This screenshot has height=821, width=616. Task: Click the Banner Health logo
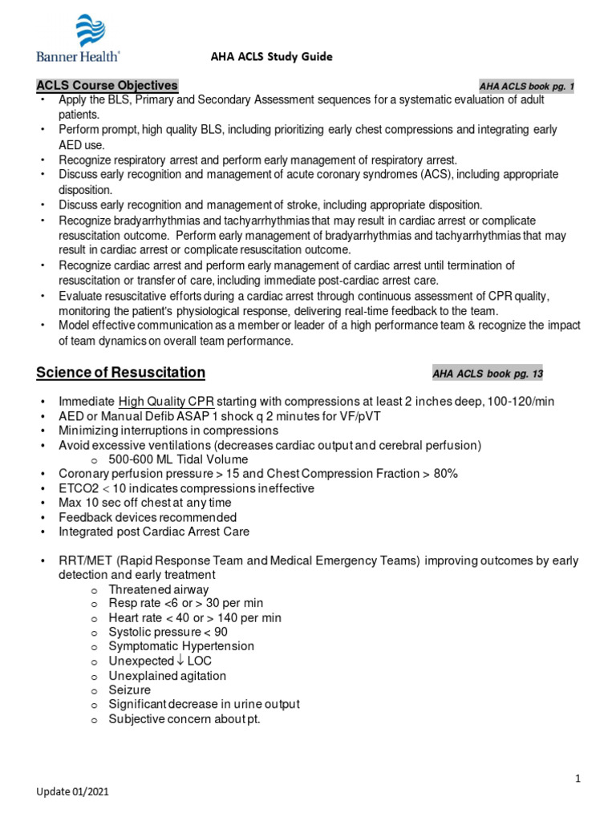(x=79, y=38)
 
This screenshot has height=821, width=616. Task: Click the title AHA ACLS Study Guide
(x=260, y=57)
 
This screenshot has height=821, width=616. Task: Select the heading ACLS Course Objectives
(x=107, y=86)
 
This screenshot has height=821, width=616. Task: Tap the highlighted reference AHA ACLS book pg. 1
(x=526, y=87)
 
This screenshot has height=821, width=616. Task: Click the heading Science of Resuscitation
(x=120, y=372)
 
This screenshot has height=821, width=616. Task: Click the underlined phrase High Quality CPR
(x=166, y=402)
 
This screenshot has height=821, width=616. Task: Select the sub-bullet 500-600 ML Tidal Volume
(x=179, y=459)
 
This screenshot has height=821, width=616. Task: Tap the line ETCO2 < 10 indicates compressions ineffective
(x=186, y=488)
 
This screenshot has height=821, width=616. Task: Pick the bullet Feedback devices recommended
(x=148, y=517)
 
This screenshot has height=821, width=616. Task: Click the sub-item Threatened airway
(x=159, y=588)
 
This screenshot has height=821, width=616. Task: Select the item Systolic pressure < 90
(x=168, y=632)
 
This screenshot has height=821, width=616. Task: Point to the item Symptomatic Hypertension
(x=181, y=646)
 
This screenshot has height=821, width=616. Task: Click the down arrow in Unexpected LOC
(x=181, y=661)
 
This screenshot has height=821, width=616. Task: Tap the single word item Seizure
(x=130, y=690)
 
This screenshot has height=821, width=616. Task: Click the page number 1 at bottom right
(x=577, y=778)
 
